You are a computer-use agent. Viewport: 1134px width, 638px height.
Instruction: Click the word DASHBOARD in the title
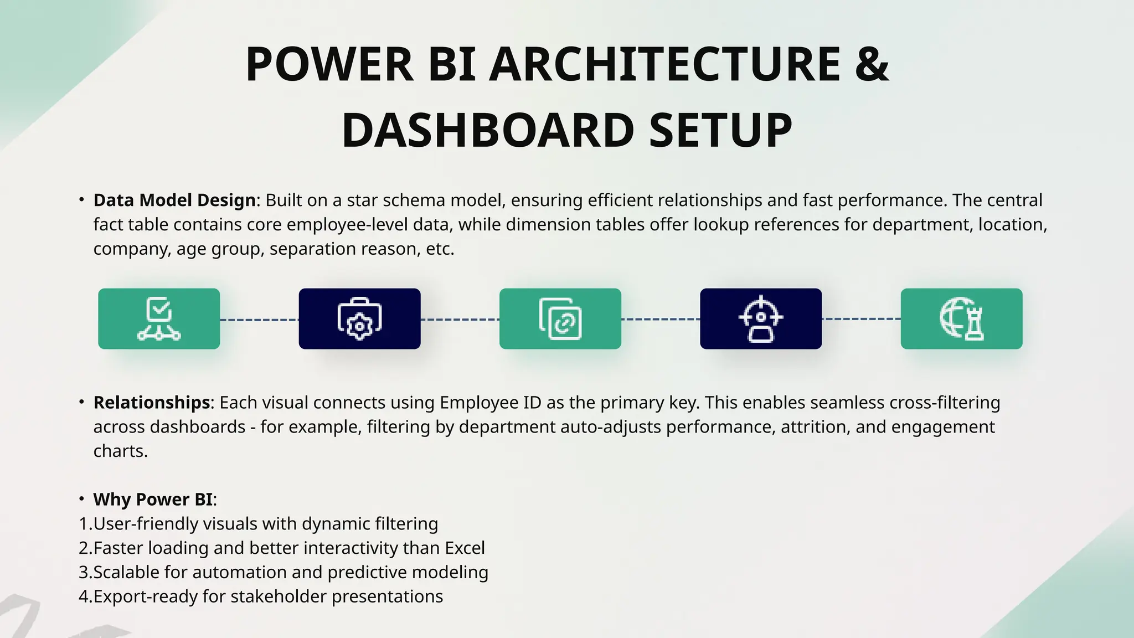487,130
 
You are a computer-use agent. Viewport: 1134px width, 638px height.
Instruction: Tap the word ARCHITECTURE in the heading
664,64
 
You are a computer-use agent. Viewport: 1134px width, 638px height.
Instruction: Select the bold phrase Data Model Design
174,200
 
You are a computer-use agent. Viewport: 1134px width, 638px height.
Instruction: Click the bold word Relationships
151,402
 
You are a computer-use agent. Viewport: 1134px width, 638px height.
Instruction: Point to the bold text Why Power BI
153,500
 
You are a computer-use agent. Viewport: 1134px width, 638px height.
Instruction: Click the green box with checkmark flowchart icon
159,318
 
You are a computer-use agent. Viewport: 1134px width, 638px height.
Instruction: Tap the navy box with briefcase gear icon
359,318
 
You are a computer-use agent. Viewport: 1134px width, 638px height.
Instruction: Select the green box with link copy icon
560,318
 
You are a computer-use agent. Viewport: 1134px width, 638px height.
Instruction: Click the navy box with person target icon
761,318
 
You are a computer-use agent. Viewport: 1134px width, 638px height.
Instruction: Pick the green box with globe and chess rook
961,318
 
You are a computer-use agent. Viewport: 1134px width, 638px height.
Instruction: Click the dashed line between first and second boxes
259,320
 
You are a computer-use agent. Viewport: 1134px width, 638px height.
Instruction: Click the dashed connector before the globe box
861,319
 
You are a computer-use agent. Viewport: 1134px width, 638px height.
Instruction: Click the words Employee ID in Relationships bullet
490,403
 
